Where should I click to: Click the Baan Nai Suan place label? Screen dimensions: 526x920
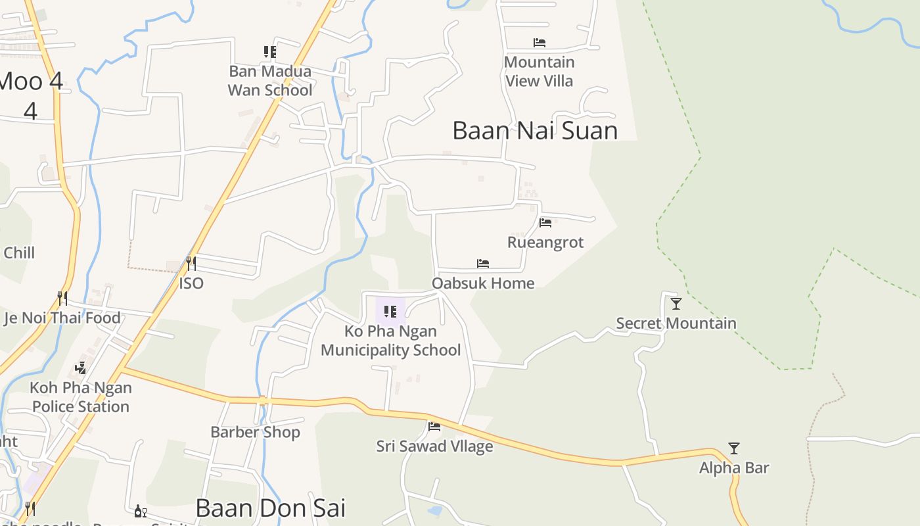coord(535,130)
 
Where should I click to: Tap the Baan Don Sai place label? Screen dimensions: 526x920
coord(270,508)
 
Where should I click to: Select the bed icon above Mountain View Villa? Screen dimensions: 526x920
coord(540,43)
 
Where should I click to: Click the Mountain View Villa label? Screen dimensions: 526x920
coord(539,71)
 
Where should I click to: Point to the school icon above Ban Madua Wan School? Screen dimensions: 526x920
coord(269,51)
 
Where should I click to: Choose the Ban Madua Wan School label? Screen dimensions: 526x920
coord(269,80)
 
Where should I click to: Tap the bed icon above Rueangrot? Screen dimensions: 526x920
coord(545,222)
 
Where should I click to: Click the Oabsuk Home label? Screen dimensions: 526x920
coord(483,283)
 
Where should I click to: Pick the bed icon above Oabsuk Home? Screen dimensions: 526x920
coord(483,264)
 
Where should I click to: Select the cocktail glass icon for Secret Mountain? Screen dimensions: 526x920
coord(676,303)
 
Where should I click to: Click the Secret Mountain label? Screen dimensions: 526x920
coord(676,323)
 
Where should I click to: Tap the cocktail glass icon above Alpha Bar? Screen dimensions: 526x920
coord(734,448)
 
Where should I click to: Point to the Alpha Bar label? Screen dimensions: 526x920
coord(734,467)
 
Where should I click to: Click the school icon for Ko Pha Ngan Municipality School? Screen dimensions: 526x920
coord(390,311)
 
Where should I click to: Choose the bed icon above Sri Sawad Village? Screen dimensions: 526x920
coord(434,426)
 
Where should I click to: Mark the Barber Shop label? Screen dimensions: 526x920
coord(255,432)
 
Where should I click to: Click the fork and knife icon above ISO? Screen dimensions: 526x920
coord(191,264)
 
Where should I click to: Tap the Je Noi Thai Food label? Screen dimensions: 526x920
coord(62,318)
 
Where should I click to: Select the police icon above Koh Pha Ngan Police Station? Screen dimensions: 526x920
coord(81,368)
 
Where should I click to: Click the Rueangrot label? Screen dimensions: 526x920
coord(545,242)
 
